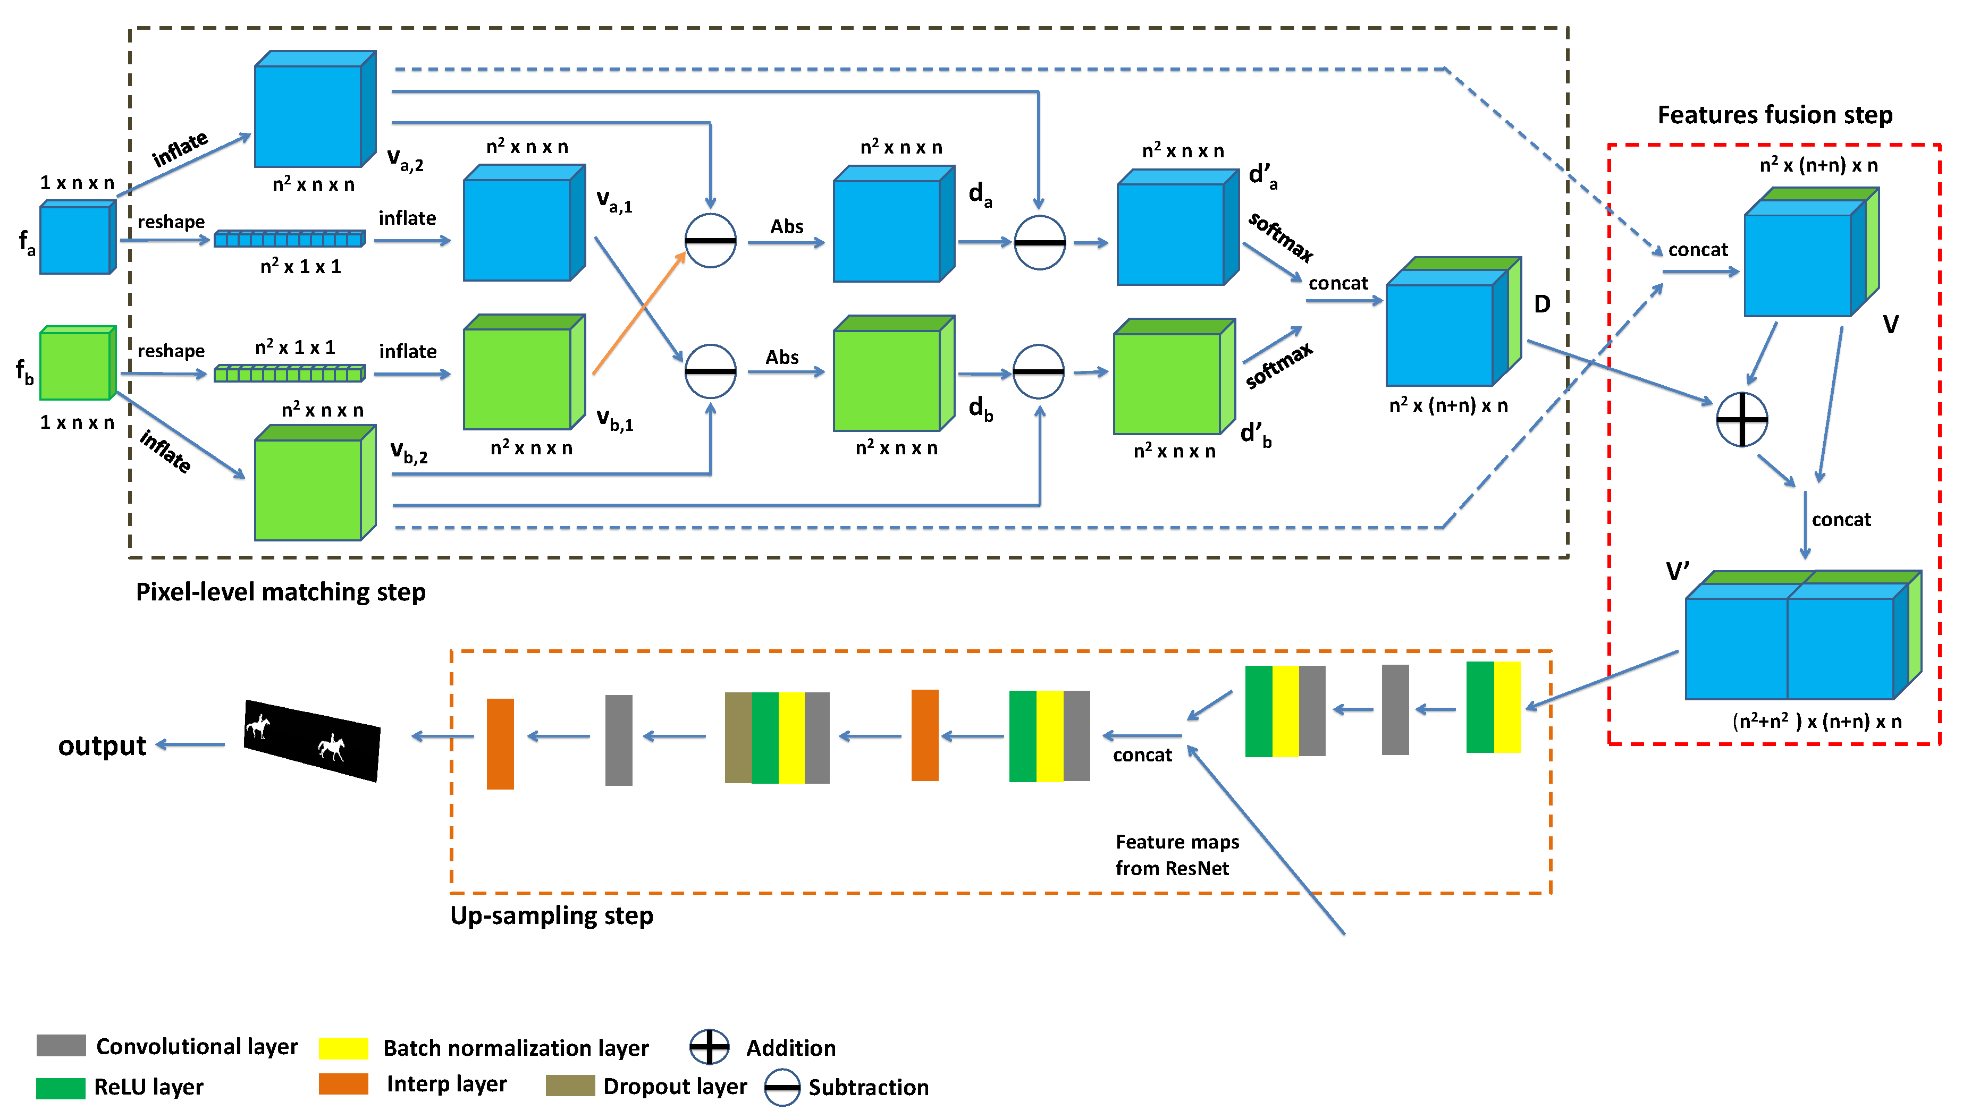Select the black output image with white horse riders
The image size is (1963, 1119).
(311, 740)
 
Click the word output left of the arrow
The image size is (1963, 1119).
(102, 745)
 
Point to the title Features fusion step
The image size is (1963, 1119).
(1774, 115)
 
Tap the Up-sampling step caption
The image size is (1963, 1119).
(551, 915)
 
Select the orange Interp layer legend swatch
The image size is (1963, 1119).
(343, 1083)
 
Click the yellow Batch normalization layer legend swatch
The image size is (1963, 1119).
(343, 1047)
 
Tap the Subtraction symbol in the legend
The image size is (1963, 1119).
(782, 1087)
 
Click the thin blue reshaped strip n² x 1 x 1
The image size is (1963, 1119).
(289, 239)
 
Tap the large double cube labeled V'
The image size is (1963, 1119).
(1799, 638)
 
